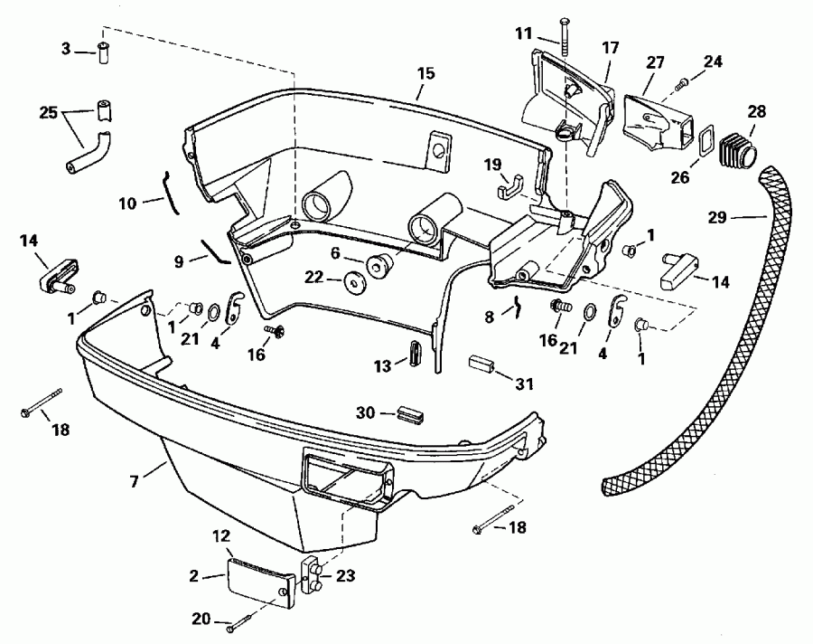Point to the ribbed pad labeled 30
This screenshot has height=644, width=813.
click(409, 413)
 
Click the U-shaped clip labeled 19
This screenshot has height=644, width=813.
click(510, 187)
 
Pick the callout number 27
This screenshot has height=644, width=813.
click(655, 63)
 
